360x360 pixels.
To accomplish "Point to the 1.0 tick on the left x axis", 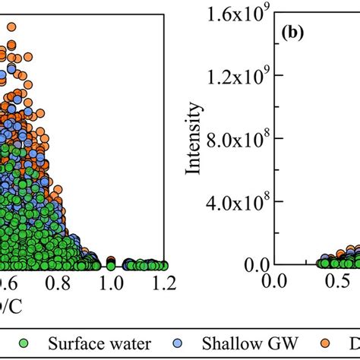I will point(111,284).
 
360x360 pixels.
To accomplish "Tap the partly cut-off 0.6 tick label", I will point(6,284).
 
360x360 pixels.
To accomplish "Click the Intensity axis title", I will point(194,140).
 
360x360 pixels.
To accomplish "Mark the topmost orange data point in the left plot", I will point(11,27).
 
